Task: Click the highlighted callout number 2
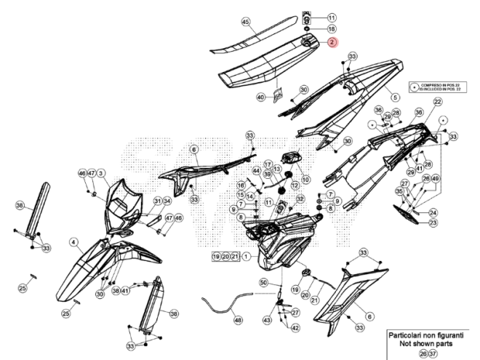click(x=332, y=43)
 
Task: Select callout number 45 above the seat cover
click(x=245, y=22)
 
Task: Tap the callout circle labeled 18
click(x=332, y=29)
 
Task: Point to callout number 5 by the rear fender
click(x=395, y=97)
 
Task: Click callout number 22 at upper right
click(x=438, y=102)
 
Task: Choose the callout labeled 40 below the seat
click(x=260, y=97)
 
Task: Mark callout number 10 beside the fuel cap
click(x=305, y=179)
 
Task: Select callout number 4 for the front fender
click(x=73, y=241)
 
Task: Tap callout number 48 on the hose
click(x=237, y=319)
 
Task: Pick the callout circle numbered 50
click(x=263, y=281)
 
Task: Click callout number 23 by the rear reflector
click(x=433, y=223)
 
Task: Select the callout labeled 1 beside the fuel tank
click(x=247, y=257)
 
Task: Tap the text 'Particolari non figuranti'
click(x=430, y=332)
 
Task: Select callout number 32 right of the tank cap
click(x=300, y=198)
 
